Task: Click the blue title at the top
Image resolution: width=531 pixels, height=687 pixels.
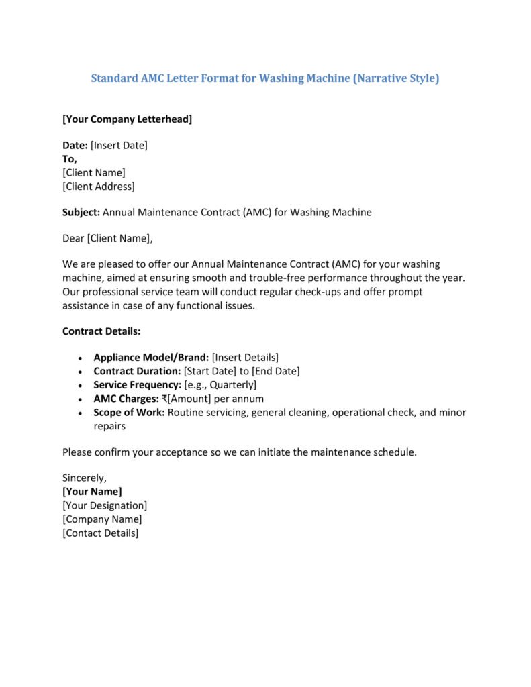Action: pos(265,78)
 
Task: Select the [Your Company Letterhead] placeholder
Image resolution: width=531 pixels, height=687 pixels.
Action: pos(127,119)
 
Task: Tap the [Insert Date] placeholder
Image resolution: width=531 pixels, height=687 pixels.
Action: pos(119,145)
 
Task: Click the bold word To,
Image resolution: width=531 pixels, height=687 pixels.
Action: pos(70,159)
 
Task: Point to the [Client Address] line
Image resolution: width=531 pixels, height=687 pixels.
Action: pos(98,187)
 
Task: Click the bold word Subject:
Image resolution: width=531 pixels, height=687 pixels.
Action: pos(81,212)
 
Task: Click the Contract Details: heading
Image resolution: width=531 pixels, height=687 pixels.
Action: pos(101,331)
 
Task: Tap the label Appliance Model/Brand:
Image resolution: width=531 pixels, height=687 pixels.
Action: pos(151,358)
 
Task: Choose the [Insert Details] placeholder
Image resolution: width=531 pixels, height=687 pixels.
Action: pos(245,358)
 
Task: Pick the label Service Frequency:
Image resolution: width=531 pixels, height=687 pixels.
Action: pos(138,385)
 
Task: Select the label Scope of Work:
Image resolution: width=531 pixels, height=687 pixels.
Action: pos(129,412)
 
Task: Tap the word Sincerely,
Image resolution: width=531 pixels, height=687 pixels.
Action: pos(85,478)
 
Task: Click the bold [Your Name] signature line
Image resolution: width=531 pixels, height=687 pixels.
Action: pos(92,492)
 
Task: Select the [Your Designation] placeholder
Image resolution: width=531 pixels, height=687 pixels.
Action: pos(105,505)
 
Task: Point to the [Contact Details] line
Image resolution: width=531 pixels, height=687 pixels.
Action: pos(100,533)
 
